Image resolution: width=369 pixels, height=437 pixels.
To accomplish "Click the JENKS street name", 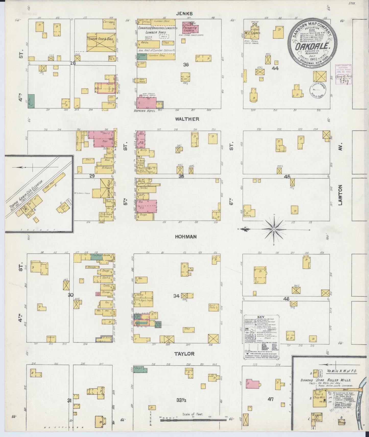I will [x=187, y=14].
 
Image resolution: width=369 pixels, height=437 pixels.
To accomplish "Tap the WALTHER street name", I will [x=187, y=119].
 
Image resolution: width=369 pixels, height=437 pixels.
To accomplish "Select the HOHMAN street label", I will [x=186, y=237].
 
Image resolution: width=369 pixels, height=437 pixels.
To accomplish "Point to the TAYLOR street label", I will [x=184, y=354].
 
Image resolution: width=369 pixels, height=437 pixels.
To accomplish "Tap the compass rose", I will [x=274, y=229].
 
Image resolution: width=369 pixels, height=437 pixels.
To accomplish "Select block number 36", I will [x=186, y=65].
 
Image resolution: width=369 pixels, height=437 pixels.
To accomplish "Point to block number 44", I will [x=275, y=68].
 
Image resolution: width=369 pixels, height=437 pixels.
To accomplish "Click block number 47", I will [x=270, y=399].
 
